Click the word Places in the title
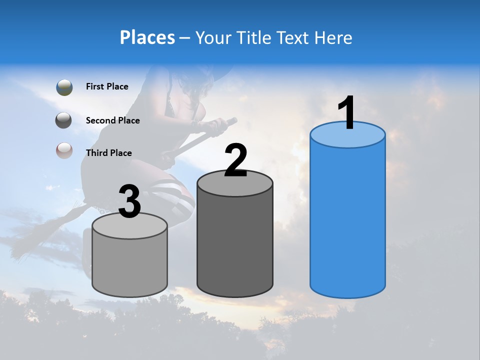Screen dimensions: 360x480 tap(147, 37)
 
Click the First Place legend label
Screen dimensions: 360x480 tap(107, 86)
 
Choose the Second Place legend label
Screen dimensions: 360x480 tap(112, 120)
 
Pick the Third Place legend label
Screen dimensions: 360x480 tap(108, 153)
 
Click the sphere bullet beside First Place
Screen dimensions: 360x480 tap(64, 87)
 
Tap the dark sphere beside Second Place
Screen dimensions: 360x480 tap(64, 120)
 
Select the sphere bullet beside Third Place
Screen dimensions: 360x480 tap(64, 150)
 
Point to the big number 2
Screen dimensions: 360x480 tap(235, 160)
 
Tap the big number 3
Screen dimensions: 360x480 tap(130, 202)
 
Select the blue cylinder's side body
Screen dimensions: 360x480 tap(347, 220)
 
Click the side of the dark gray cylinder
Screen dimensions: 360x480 tap(235, 245)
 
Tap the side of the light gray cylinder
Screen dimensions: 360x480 tap(130, 265)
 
